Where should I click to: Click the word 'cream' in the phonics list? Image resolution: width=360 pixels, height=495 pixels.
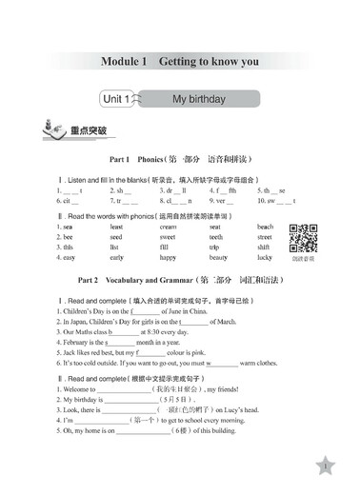[x=169, y=227]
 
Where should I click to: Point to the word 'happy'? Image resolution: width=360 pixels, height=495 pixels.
[x=168, y=257]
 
